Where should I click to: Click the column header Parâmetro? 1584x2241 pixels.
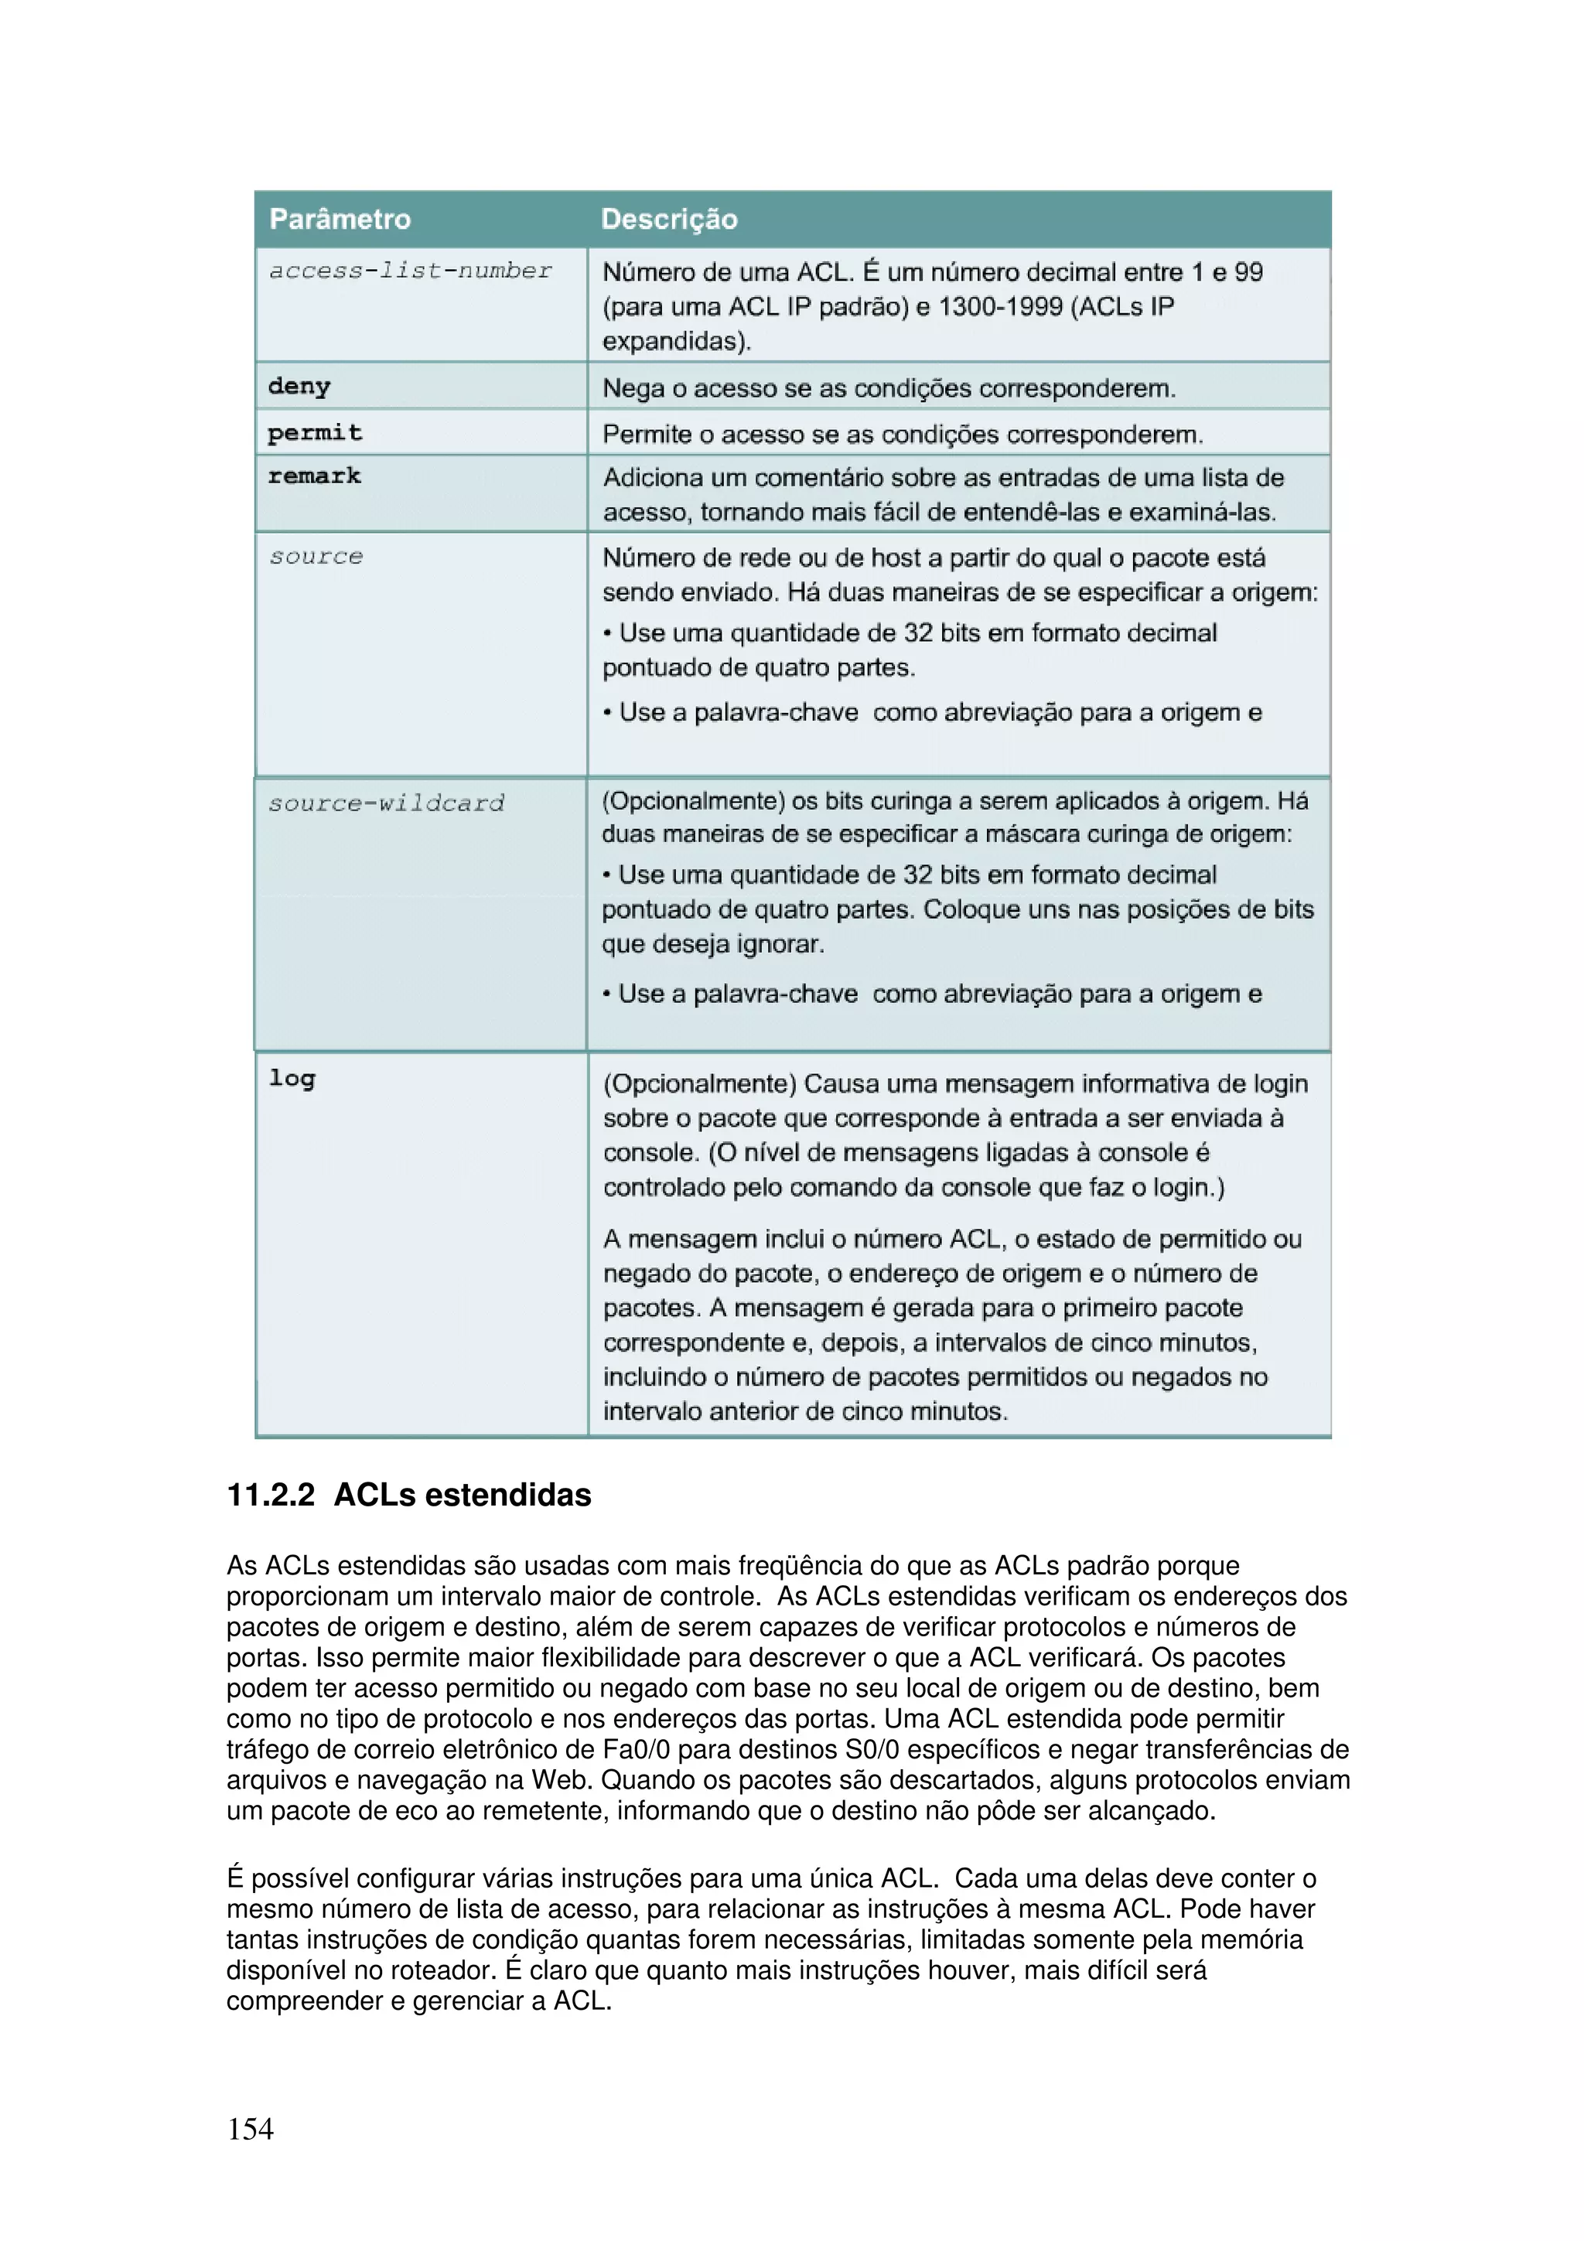pyautogui.click(x=340, y=219)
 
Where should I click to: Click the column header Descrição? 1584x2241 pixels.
pyautogui.click(x=668, y=219)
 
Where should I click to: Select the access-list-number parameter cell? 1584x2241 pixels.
pyautogui.click(x=411, y=271)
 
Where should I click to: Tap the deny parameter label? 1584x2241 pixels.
pyautogui.click(x=299, y=387)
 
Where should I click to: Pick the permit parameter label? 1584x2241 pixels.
pyautogui.click(x=314, y=432)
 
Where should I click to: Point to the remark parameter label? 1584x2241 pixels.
pyautogui.click(x=314, y=476)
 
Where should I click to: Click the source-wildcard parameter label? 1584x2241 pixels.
pyautogui.click(x=387, y=803)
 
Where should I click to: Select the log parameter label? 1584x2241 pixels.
pyautogui.click(x=292, y=1079)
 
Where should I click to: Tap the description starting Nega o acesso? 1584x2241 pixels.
pyautogui.click(x=888, y=388)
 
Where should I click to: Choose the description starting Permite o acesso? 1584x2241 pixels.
pyautogui.click(x=903, y=435)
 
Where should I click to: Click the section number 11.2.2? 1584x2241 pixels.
pyautogui.click(x=271, y=1496)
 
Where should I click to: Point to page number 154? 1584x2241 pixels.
pyautogui.click(x=250, y=2129)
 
